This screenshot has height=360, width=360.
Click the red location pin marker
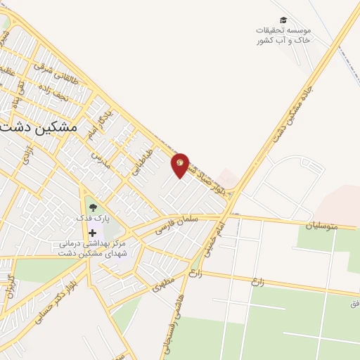(x=181, y=165)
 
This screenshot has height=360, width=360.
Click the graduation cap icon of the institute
(x=283, y=20)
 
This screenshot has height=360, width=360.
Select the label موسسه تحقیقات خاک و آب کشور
(x=283, y=36)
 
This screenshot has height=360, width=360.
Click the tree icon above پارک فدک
(x=93, y=207)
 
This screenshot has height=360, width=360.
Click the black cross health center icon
(x=93, y=232)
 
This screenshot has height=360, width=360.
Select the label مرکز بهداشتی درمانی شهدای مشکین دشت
(x=92, y=248)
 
